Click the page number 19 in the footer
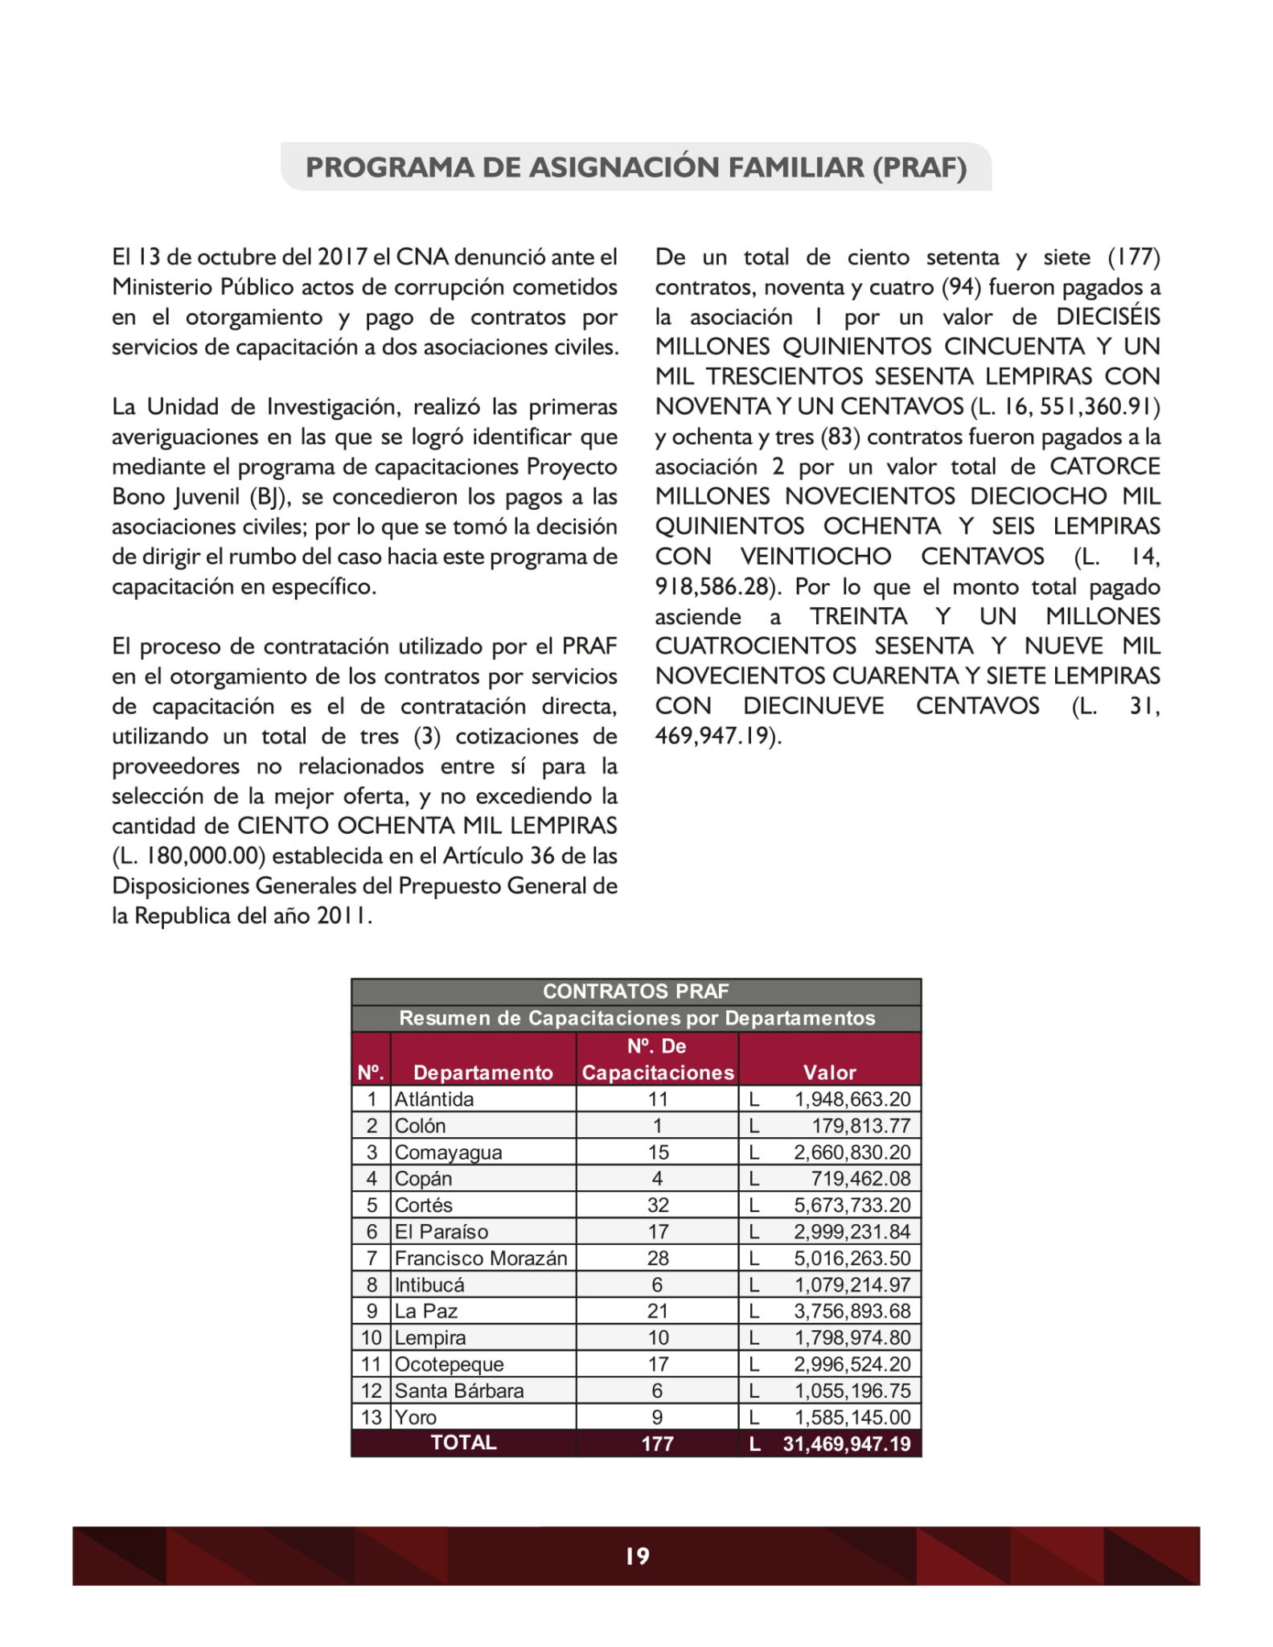click(637, 1556)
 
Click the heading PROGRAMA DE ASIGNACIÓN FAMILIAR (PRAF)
click(636, 167)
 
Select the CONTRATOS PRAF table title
click(635, 992)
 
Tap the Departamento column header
click(483, 1072)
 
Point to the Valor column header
click(829, 1072)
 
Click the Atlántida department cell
click(434, 1099)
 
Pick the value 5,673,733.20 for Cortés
click(852, 1205)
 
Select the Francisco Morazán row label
click(481, 1258)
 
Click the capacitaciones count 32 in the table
click(657, 1205)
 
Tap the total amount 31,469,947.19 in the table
click(846, 1444)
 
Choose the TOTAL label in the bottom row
click(463, 1443)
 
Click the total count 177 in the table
click(657, 1444)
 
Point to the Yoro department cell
click(416, 1417)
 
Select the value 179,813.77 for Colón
click(860, 1125)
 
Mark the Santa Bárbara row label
click(459, 1390)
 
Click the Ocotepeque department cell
click(449, 1364)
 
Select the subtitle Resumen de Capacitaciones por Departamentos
click(636, 1018)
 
